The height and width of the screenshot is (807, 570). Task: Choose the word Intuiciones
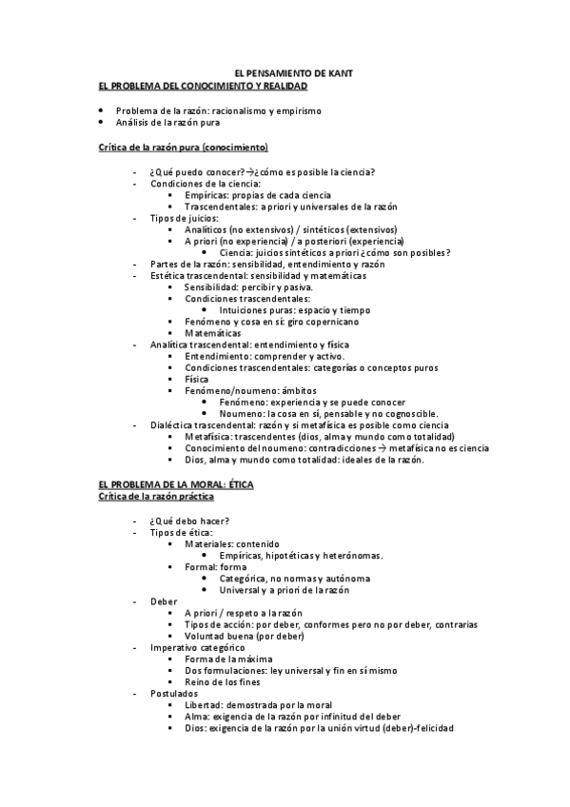tap(242, 310)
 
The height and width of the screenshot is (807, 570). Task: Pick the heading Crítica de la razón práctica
tap(156, 496)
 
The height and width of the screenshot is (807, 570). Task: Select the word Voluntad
tap(206, 636)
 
